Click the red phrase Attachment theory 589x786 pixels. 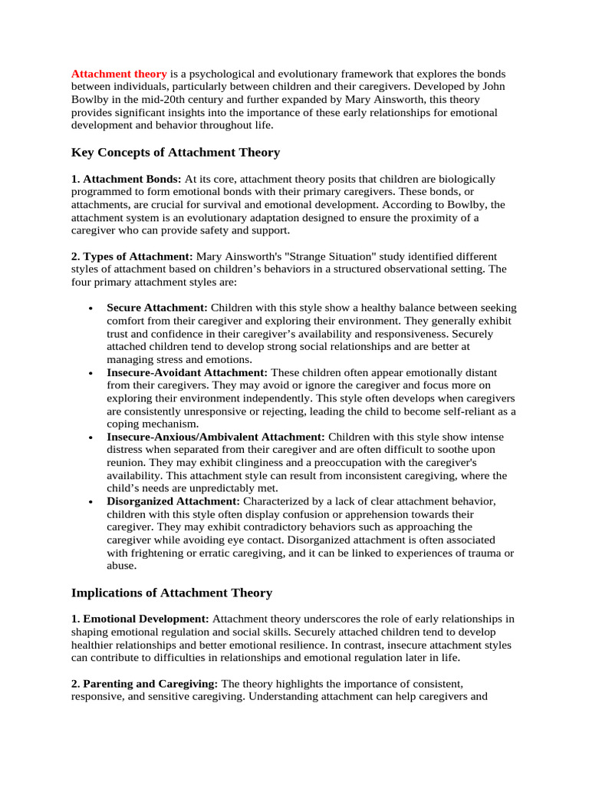point(119,74)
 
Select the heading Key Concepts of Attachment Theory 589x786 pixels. point(176,152)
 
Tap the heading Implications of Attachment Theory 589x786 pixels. point(171,593)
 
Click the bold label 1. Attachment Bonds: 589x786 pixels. point(127,179)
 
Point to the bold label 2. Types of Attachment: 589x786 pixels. point(132,256)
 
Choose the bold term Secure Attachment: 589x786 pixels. point(157,307)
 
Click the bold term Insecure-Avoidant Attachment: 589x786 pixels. point(187,372)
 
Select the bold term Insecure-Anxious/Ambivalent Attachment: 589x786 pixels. point(216,436)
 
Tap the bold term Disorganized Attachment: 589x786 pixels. point(173,501)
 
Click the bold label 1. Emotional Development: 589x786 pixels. point(140,619)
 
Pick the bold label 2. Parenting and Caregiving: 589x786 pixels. point(145,682)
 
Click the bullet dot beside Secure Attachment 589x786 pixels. point(90,308)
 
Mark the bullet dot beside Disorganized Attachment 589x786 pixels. point(90,502)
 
